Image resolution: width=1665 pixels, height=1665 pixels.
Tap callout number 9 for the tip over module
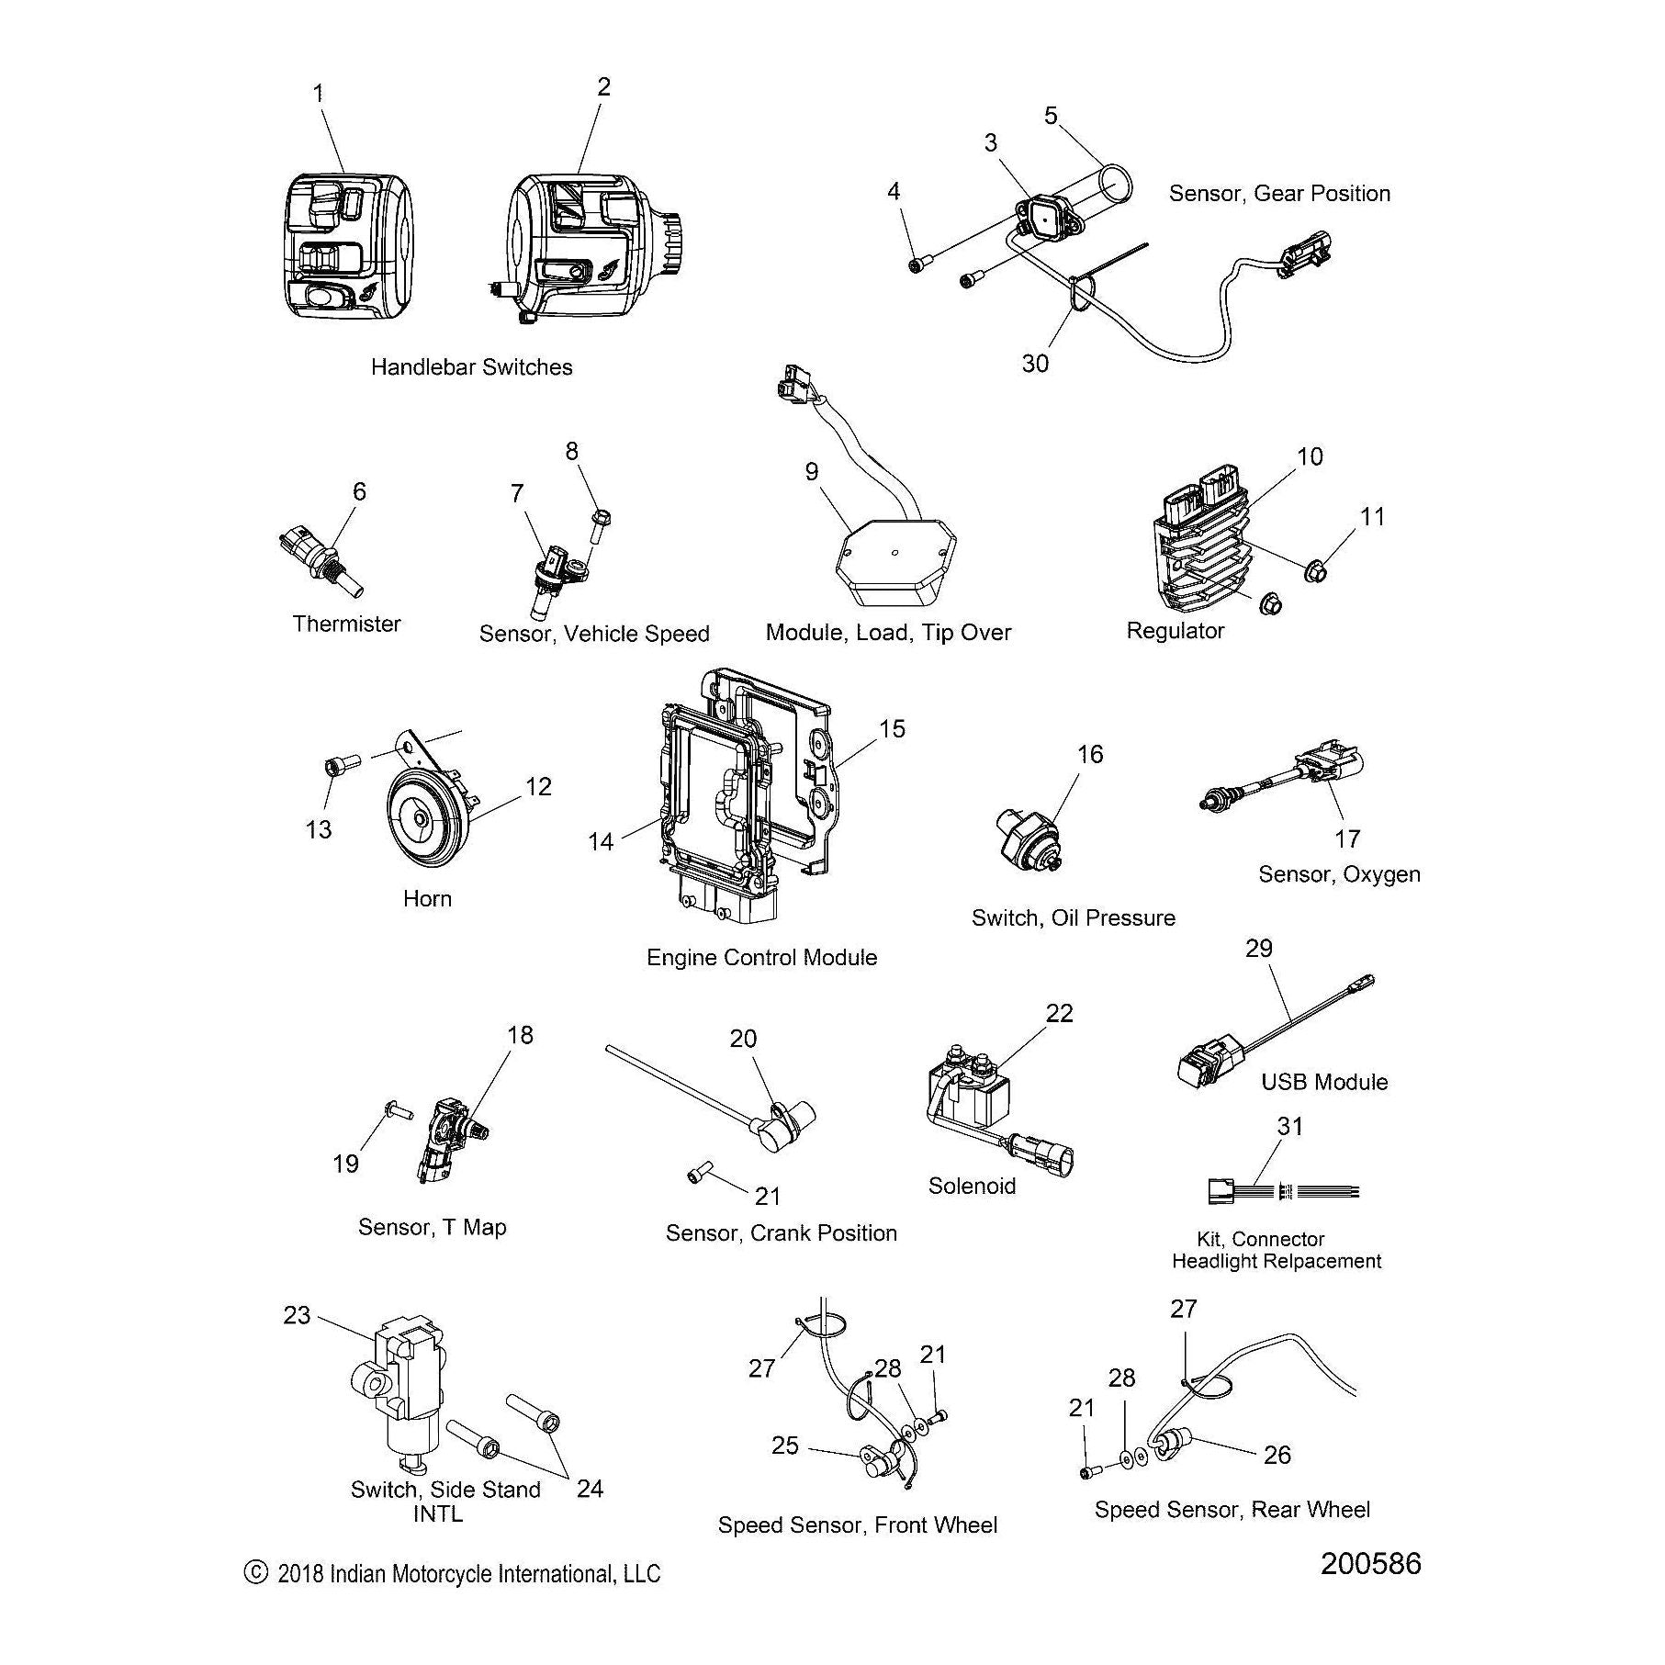[x=811, y=471]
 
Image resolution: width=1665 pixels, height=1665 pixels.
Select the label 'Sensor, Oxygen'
[x=1338, y=874]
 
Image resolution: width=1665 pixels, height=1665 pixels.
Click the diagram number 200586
[x=1370, y=1563]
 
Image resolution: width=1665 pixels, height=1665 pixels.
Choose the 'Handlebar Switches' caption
[x=471, y=367]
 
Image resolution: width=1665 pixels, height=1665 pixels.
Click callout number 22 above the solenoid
[x=1059, y=1012]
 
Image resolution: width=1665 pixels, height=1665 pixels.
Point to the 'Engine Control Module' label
[x=761, y=958]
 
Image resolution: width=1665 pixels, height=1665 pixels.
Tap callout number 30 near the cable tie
[x=1035, y=364]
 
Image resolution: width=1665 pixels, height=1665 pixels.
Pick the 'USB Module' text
[x=1323, y=1082]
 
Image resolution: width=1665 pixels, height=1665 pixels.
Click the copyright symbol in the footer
[x=255, y=1572]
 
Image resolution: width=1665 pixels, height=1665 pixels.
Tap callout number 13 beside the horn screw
[x=318, y=829]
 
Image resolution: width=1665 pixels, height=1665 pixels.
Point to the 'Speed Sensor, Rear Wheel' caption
[x=1232, y=1510]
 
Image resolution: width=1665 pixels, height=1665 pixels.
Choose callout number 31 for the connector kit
[x=1289, y=1126]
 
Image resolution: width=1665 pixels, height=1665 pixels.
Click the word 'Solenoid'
[x=972, y=1186]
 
